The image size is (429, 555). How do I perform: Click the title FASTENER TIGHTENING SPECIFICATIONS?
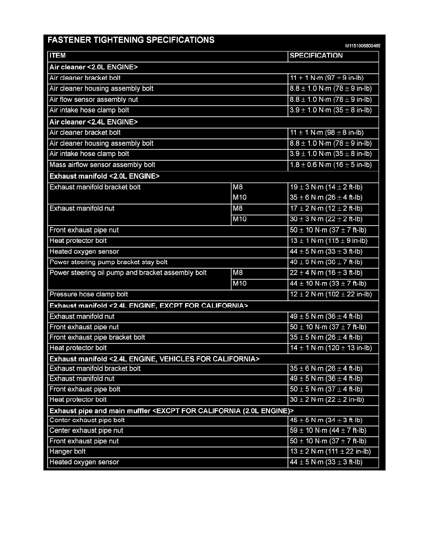click(x=131, y=40)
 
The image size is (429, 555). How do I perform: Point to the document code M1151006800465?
click(x=363, y=46)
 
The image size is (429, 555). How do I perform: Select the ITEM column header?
click(x=58, y=56)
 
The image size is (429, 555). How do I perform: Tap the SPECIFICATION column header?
click(x=316, y=56)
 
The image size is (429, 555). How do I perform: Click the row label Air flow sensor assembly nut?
click(x=93, y=100)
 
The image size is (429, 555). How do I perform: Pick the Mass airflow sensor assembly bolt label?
click(x=102, y=165)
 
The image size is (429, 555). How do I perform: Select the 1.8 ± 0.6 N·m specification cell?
click(x=330, y=165)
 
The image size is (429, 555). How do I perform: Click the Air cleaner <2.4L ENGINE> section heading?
click(x=93, y=122)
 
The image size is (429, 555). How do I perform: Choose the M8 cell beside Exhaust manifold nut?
click(x=238, y=208)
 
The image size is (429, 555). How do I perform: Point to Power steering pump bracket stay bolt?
click(x=108, y=262)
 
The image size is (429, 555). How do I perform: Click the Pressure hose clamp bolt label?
click(x=89, y=294)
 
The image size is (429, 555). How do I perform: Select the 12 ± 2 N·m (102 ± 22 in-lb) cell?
click(x=330, y=294)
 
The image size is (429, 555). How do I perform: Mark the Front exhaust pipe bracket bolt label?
click(x=97, y=337)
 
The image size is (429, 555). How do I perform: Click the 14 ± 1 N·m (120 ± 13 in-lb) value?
click(x=330, y=348)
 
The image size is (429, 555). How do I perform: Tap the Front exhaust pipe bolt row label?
click(x=85, y=389)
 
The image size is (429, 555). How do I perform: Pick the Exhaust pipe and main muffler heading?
click(x=172, y=411)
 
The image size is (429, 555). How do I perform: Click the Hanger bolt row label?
click(x=68, y=452)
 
